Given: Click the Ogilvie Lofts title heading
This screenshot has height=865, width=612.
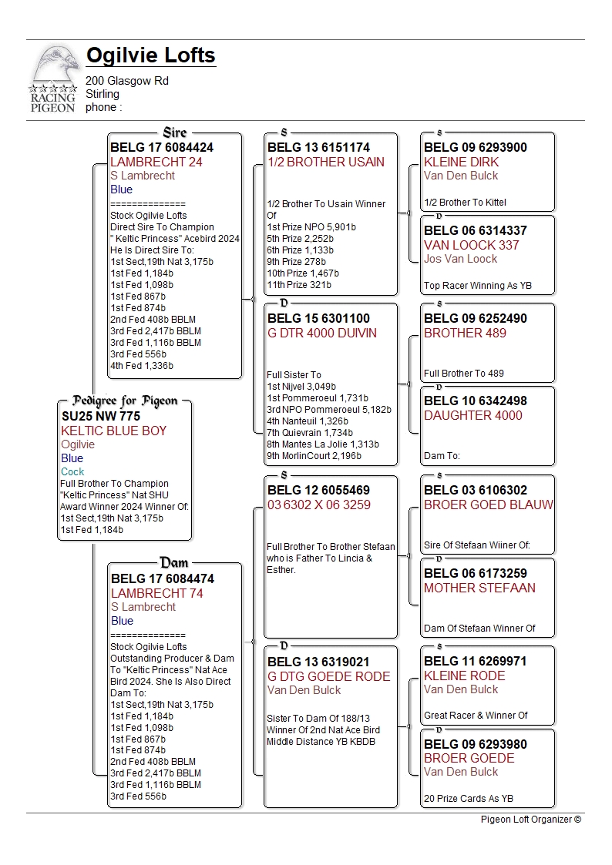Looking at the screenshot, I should click(150, 55).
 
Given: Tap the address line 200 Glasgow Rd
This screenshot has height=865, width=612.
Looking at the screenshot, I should click(127, 81).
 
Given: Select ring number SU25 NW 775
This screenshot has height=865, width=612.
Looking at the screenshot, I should click(101, 416).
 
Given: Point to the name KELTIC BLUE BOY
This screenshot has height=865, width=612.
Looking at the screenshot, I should click(113, 431).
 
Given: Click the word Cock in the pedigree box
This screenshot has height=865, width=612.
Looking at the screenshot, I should click(72, 471).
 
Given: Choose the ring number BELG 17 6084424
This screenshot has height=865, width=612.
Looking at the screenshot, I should click(162, 147).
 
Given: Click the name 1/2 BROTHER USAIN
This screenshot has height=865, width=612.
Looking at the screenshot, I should click(326, 162).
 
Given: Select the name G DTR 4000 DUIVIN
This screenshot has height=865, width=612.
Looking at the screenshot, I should click(322, 333).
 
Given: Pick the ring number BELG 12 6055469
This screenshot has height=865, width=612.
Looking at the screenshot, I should click(318, 490).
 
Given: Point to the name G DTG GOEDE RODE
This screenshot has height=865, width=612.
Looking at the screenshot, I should click(329, 676).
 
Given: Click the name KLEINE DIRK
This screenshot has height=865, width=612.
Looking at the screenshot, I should click(461, 162).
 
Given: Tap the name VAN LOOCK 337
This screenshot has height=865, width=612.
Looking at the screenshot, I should click(471, 245).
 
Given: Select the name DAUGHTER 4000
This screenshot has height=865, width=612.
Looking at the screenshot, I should click(472, 415).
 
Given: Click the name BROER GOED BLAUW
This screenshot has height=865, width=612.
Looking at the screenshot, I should click(489, 505).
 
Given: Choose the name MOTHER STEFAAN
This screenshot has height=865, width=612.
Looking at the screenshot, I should click(479, 588).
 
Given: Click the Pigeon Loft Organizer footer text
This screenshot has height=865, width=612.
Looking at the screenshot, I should click(531, 820).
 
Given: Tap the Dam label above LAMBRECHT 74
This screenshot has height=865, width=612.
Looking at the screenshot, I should click(174, 563).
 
